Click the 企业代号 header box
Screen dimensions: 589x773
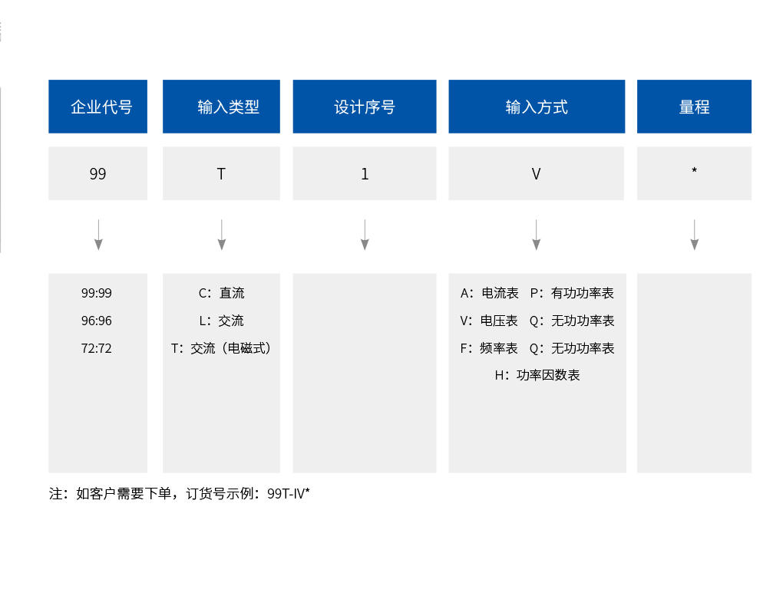coord(97,107)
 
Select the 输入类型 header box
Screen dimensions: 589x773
coord(221,107)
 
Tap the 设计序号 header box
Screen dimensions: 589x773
coord(364,107)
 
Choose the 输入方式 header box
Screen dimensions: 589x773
coord(537,107)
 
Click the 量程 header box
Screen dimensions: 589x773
coord(694,107)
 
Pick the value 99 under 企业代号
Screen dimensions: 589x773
coord(97,173)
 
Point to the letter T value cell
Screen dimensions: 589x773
coord(221,173)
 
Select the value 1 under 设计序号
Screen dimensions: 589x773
coord(364,173)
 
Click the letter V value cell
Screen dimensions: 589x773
coord(537,173)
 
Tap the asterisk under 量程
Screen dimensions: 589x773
coord(694,170)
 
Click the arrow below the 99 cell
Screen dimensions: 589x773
coord(98,235)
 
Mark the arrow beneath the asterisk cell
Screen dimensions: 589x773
coord(694,235)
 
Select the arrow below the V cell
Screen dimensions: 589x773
coord(536,235)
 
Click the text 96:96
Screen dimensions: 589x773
coord(97,321)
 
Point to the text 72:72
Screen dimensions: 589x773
coord(97,348)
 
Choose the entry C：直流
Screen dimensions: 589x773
coord(221,293)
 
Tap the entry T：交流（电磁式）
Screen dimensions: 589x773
coord(221,348)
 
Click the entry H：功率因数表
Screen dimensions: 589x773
coord(537,375)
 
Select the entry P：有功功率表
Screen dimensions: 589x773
coord(572,293)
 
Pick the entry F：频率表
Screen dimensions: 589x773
coord(489,348)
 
